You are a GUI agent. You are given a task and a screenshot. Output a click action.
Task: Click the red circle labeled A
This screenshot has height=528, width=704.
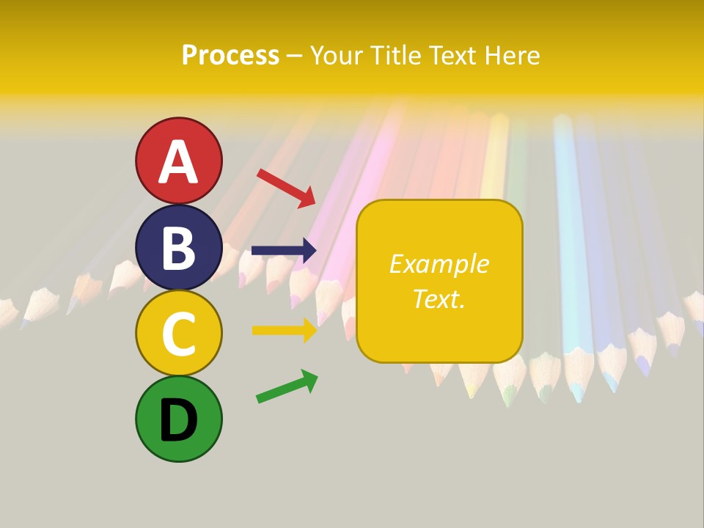(178, 161)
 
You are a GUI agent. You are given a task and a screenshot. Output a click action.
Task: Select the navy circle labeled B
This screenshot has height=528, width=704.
(178, 247)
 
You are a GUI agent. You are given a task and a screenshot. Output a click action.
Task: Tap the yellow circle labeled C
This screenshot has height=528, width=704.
(178, 333)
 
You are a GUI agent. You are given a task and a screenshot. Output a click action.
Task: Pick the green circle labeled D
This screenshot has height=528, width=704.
(178, 419)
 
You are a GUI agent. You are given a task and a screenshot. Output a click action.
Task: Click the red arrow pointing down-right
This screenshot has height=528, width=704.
(286, 187)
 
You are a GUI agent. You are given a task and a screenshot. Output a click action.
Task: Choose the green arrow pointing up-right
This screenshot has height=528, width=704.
(287, 386)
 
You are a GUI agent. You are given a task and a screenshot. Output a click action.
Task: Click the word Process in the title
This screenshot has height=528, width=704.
(230, 56)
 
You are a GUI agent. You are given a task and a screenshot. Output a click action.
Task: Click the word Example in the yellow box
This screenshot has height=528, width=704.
(439, 264)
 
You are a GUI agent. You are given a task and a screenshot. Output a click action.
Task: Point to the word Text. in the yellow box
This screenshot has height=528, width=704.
(439, 298)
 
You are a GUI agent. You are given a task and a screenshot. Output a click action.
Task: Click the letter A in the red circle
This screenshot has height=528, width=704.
(178, 162)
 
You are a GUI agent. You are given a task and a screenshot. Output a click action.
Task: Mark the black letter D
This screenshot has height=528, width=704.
(178, 420)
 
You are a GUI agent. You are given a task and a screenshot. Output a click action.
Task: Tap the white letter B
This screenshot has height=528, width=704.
(178, 248)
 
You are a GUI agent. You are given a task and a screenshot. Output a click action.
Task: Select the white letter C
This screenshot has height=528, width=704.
(178, 334)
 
